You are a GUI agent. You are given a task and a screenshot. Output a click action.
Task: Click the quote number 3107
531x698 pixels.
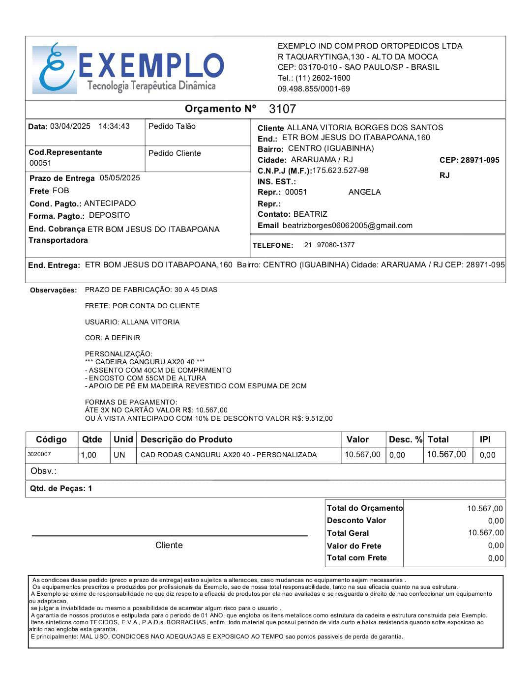[282, 109]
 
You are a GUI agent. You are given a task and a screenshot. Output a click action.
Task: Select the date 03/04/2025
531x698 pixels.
[70, 126]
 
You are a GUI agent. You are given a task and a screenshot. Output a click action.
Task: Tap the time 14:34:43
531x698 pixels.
[114, 126]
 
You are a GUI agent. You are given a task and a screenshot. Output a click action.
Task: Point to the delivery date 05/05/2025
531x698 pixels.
[120, 178]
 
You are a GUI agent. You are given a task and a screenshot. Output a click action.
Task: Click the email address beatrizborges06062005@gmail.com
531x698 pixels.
[348, 226]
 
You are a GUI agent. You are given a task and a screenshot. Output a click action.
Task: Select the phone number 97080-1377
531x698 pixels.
[336, 245]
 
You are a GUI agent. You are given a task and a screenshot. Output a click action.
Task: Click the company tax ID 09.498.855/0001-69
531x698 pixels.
[314, 89]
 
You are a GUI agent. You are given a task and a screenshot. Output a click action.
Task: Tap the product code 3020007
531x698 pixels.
[39, 454]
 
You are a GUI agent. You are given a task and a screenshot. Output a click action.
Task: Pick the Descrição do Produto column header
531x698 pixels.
[186, 439]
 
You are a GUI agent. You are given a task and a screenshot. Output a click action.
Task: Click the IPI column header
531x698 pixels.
[485, 439]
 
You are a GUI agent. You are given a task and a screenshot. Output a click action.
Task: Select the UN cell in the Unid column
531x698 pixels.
[119, 455]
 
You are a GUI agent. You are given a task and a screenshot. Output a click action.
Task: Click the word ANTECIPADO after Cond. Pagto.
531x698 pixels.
[110, 204]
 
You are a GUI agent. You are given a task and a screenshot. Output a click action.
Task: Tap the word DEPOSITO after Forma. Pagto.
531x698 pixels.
[109, 215]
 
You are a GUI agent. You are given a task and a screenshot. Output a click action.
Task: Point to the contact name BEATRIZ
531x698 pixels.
[310, 214]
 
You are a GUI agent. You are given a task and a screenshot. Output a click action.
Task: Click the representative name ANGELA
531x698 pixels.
[364, 192]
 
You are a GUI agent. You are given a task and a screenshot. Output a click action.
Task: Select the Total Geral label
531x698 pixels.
[348, 533]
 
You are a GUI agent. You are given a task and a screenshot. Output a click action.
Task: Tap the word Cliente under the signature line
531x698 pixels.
[169, 545]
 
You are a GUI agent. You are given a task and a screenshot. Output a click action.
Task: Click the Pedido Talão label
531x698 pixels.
[172, 126]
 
